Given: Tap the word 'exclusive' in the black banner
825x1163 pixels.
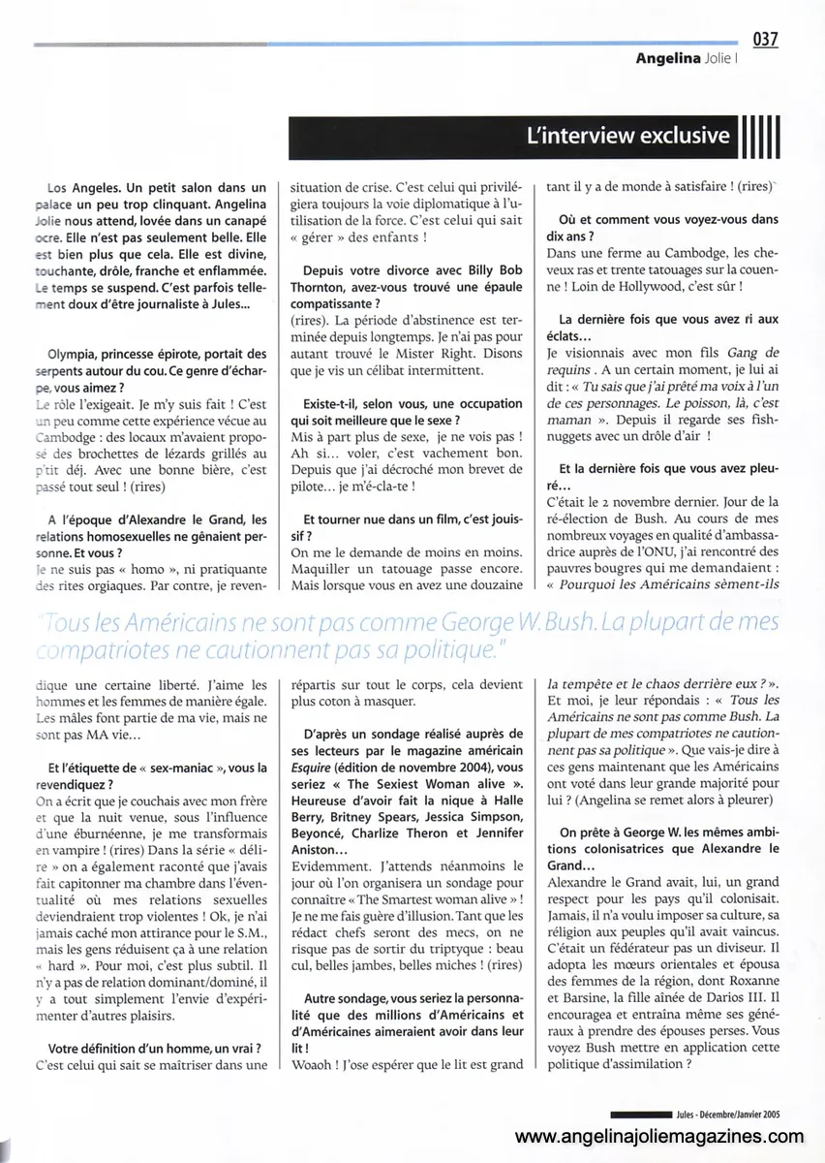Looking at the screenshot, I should tap(678, 136).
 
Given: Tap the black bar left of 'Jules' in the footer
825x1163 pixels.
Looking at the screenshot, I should tap(642, 1115).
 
